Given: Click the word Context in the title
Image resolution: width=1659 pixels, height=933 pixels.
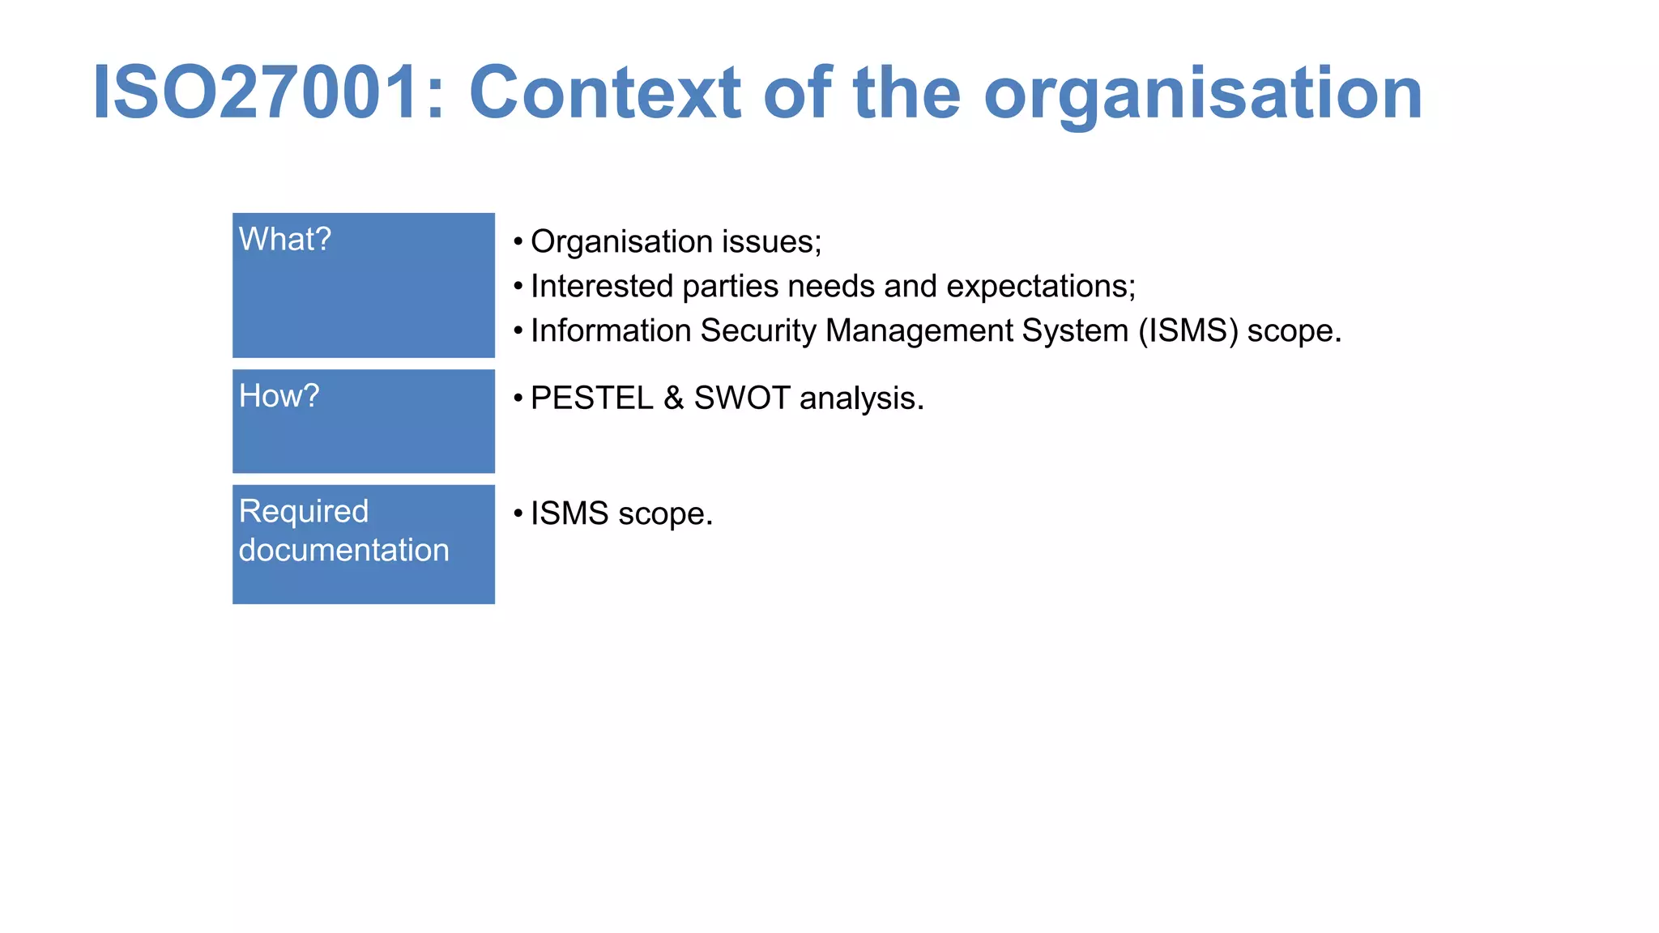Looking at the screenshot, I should tap(604, 93).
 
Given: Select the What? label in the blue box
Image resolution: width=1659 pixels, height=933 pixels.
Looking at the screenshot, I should tap(284, 240).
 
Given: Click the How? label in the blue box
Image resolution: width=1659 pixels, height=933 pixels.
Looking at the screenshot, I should tap(279, 396).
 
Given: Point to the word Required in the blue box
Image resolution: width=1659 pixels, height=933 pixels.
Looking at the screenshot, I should tap(304, 511).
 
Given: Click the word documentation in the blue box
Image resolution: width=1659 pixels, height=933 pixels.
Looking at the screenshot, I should tap(343, 550).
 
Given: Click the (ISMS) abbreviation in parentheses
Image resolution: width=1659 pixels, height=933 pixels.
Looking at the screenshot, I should tap(1188, 330).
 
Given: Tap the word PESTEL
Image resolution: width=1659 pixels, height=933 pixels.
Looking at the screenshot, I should tap(591, 398).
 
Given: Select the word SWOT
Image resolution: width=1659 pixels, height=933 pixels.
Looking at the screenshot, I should tap(742, 398).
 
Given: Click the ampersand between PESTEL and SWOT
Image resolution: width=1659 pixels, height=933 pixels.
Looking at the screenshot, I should tap(673, 398).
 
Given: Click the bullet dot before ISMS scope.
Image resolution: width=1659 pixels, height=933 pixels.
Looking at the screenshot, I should tap(518, 513).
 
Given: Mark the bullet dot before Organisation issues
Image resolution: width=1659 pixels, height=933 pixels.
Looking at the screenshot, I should tap(518, 241).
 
